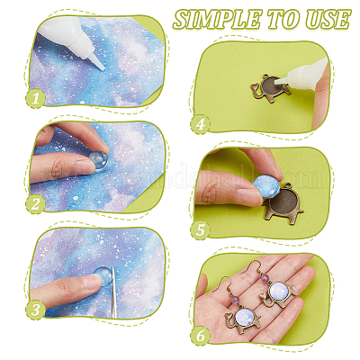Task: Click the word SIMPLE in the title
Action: click(x=218, y=20)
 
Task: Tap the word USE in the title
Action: click(x=328, y=20)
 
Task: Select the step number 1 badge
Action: click(x=35, y=98)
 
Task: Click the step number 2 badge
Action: click(x=35, y=204)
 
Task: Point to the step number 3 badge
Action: click(x=35, y=310)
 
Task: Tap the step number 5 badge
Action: click(x=201, y=230)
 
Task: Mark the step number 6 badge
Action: click(x=201, y=336)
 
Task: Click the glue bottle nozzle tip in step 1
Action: click(x=103, y=68)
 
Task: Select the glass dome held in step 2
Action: click(x=99, y=160)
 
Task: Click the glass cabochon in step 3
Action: click(x=104, y=276)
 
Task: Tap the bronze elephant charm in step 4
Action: click(x=271, y=88)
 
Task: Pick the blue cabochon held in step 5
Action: click(x=266, y=185)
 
